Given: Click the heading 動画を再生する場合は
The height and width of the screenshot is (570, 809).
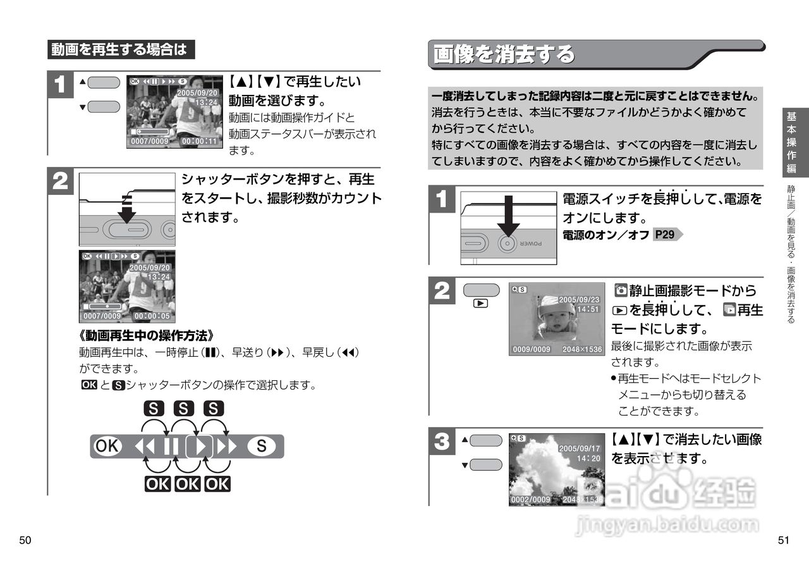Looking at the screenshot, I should [x=120, y=49].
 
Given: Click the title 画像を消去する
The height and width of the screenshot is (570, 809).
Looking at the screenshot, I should [x=504, y=55].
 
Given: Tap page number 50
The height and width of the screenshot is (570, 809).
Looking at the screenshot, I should [x=25, y=540].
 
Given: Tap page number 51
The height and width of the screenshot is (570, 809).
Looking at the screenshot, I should [x=784, y=540].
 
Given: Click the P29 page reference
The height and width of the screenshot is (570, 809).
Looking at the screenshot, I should [x=664, y=235].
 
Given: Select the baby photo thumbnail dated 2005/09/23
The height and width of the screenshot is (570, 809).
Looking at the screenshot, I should [x=556, y=319].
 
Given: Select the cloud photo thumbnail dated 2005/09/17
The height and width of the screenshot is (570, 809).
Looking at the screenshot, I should [x=556, y=469].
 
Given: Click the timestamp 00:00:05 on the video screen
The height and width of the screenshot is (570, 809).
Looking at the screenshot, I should [x=152, y=316].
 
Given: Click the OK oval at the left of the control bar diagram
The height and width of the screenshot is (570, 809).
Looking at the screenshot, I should [x=106, y=447].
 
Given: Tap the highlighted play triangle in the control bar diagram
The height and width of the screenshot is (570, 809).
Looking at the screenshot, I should [x=200, y=447].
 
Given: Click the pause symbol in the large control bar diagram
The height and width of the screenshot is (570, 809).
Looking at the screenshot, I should [x=171, y=447].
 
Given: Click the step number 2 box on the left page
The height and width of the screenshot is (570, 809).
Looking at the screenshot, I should [x=61, y=183].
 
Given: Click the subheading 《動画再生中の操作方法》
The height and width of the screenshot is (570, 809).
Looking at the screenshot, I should [x=147, y=335].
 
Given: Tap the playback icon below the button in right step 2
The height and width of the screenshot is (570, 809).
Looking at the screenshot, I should [x=480, y=303].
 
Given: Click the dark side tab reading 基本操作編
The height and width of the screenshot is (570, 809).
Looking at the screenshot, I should [x=791, y=142].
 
